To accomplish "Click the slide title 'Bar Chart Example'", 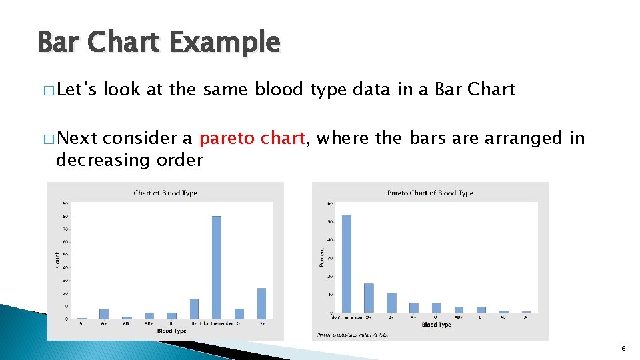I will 159,43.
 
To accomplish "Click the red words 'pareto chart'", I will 253,138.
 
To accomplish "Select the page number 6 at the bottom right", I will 623,349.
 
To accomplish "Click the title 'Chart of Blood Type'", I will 165,193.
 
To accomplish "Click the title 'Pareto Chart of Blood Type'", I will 430,193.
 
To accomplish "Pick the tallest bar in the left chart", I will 216,267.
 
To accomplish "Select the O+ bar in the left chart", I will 261,303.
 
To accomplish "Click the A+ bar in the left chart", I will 104,313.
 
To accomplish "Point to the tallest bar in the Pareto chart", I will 346,263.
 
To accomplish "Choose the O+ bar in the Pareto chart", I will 369,297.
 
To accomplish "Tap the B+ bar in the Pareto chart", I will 391,303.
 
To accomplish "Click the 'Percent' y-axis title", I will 322,257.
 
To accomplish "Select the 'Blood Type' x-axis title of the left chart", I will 172,331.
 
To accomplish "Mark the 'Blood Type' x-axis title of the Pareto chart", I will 437,325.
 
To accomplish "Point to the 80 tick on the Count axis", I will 65,216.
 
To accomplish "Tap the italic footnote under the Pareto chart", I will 353,334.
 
